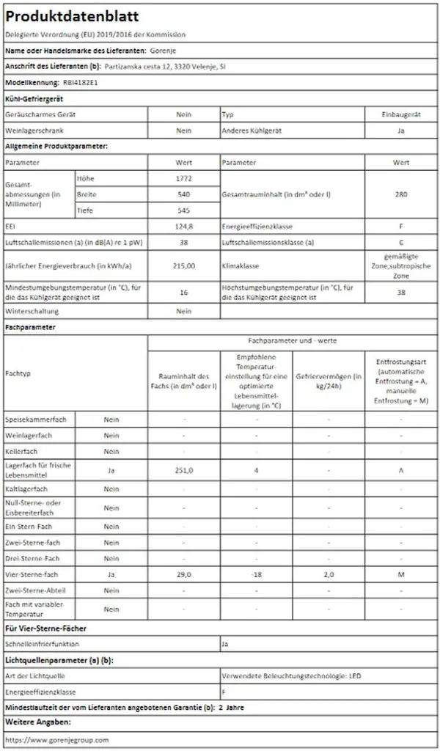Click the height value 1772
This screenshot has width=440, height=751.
(x=184, y=178)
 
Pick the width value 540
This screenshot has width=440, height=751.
(x=184, y=194)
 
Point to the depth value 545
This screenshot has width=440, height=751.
(x=184, y=210)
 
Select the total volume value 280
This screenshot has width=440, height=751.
(x=401, y=194)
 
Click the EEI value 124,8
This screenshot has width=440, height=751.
(x=184, y=227)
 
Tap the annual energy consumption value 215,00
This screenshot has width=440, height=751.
(x=184, y=265)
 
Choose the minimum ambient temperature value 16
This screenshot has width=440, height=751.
(x=184, y=292)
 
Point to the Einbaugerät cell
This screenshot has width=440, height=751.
(x=401, y=115)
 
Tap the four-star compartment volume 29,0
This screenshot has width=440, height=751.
(x=184, y=575)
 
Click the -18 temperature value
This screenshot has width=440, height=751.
(x=257, y=575)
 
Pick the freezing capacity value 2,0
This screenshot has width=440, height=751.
(x=329, y=575)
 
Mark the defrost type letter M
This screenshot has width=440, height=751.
(x=401, y=575)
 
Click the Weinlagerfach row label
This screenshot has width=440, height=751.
(x=29, y=436)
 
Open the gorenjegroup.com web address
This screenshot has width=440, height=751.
(x=56, y=741)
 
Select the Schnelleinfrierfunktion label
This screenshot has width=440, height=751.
(x=43, y=645)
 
